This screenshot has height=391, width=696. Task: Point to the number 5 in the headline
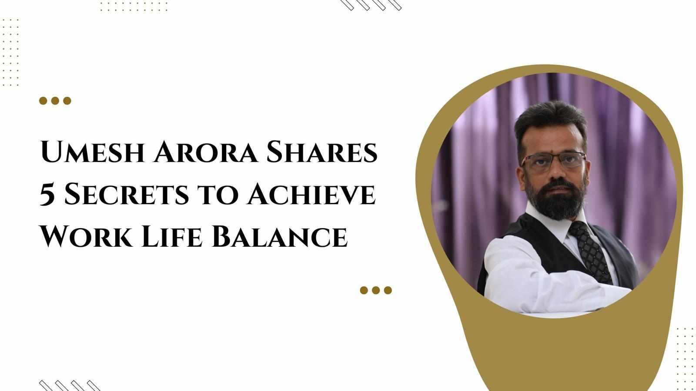pyautogui.click(x=47, y=195)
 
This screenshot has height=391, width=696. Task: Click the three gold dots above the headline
pyautogui.click(x=55, y=101)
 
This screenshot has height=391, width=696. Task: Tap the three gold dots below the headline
pyautogui.click(x=376, y=290)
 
